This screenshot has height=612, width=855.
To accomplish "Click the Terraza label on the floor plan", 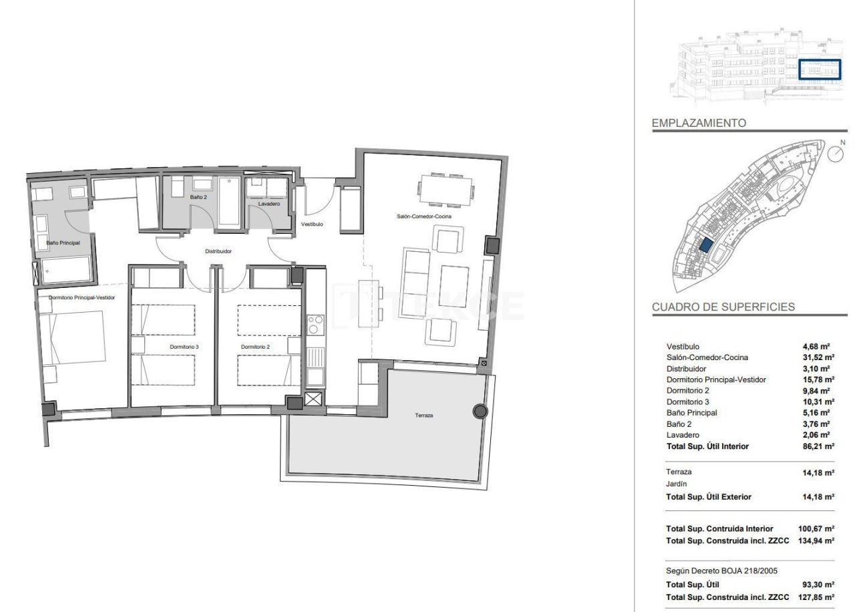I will click(423, 416).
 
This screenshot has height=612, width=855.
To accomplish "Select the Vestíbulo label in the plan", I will click(312, 224).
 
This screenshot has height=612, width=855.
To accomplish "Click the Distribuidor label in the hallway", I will click(218, 252).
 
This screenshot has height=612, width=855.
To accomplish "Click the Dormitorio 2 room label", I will click(255, 347).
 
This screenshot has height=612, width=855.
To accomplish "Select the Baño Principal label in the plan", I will click(63, 243).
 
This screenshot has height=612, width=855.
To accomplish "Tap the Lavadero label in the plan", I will click(269, 204).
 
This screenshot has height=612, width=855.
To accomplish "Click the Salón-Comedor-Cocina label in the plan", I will click(419, 217).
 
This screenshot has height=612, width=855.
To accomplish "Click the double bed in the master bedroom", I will click(72, 345).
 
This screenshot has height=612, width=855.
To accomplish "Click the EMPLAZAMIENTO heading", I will click(699, 123).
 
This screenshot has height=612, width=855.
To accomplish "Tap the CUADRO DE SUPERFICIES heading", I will click(723, 307).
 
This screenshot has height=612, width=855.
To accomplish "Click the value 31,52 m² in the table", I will click(816, 357).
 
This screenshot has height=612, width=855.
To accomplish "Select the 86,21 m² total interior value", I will click(816, 446).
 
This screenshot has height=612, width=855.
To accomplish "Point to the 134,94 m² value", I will click(816, 541).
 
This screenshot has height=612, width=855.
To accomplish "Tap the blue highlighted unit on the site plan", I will click(705, 245).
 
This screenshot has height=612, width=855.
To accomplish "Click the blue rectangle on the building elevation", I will click(820, 69).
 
